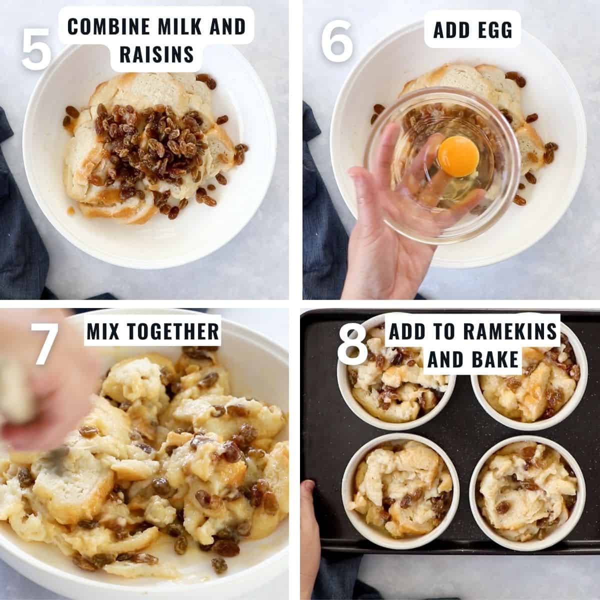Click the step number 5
point(36,48)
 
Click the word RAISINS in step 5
point(156,54)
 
